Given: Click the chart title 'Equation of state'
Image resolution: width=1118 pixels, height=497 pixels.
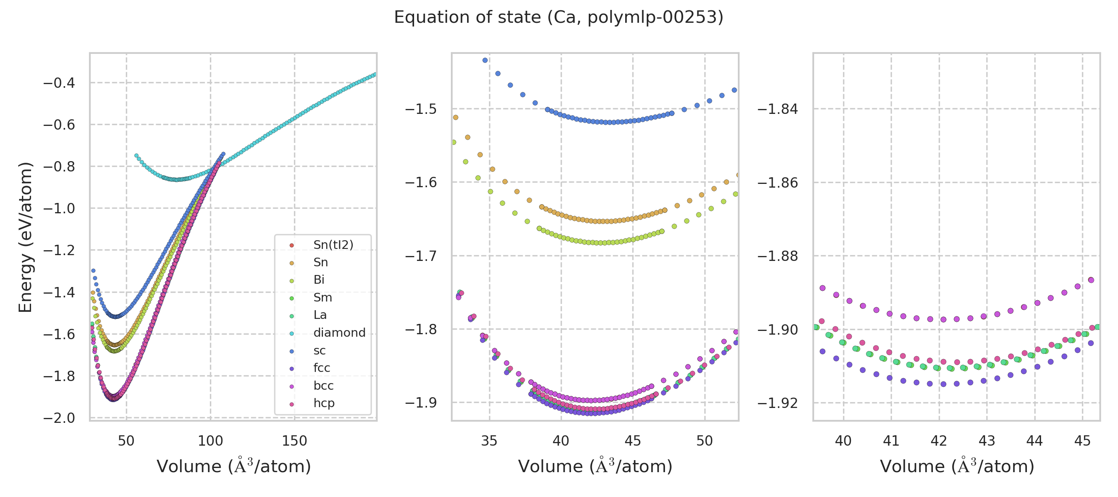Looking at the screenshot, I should [558, 17].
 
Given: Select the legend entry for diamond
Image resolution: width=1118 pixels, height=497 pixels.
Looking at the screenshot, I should [339, 333].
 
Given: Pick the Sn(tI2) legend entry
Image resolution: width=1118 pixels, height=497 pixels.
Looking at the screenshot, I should [333, 245].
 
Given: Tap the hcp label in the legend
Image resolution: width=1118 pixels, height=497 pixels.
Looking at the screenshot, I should [324, 403].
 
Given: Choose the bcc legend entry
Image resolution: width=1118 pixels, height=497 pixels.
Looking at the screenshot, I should [323, 386].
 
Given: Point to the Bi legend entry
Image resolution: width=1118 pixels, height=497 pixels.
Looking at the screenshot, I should [318, 280].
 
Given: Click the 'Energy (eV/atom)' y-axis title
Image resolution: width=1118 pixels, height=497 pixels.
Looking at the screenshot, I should [25, 237].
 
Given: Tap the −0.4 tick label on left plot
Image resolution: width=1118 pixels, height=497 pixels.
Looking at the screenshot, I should [59, 83].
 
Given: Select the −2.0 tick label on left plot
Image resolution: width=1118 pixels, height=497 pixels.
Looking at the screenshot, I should [59, 418].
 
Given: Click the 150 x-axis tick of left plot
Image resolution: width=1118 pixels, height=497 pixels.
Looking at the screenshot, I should [294, 441].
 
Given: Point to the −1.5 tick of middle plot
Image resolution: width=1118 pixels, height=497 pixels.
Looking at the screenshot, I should [420, 109].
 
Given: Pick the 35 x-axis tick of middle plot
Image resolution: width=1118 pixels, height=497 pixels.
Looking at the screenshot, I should [489, 441].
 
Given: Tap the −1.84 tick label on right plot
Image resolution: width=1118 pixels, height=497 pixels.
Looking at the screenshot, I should [778, 109].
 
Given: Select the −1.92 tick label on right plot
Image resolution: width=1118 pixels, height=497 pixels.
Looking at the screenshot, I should [778, 403].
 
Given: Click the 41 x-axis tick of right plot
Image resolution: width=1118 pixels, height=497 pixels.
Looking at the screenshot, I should [891, 441].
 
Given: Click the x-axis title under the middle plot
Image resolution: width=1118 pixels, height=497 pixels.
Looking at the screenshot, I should [595, 467].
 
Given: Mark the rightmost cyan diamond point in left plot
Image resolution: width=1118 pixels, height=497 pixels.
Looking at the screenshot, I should [375, 74].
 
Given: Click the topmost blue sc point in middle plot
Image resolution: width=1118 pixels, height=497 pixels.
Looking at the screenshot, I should [485, 60].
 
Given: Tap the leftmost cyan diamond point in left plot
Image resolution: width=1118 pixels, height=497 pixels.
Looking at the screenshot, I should [136, 155].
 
